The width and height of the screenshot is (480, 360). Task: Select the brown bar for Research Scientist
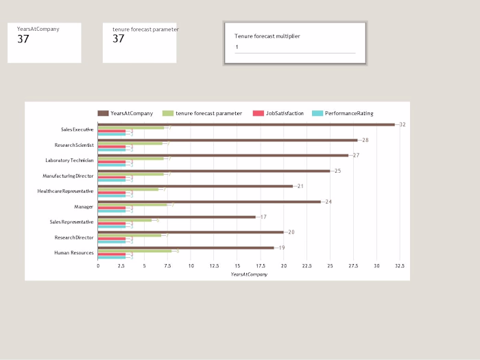point(227,140)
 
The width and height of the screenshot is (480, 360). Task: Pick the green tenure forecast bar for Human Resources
point(134,251)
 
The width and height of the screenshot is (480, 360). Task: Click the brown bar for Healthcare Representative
point(195,186)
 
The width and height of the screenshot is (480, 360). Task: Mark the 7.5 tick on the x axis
point(167,266)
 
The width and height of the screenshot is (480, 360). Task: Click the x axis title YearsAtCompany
point(249,274)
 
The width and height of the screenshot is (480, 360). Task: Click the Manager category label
point(84,206)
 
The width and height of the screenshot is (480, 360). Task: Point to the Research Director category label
point(74,237)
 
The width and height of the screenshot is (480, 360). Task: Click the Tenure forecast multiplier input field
point(295,47)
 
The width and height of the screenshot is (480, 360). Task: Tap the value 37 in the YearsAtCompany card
point(23,39)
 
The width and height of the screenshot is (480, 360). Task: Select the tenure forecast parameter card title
point(145,29)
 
